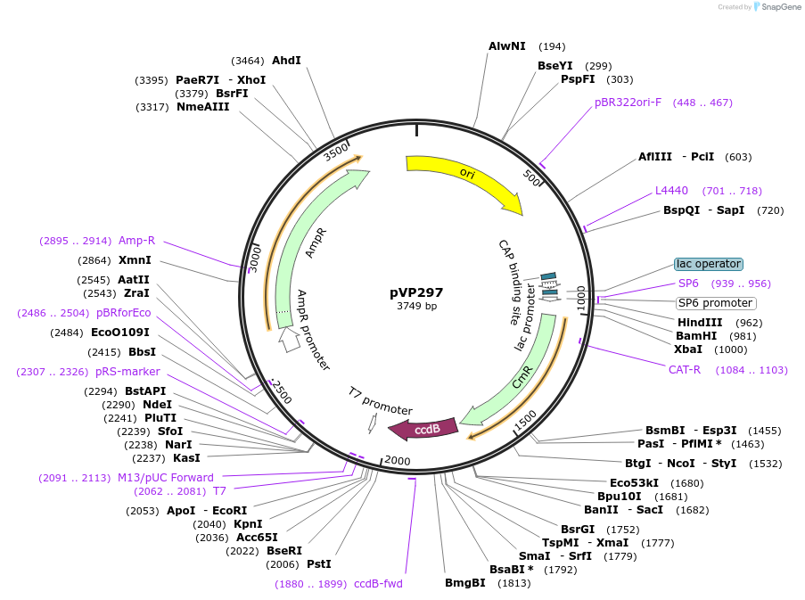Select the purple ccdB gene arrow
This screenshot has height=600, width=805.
pyautogui.click(x=425, y=429)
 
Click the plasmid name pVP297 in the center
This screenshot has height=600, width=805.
pyautogui.click(x=416, y=292)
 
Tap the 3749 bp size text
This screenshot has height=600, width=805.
pyautogui.click(x=416, y=306)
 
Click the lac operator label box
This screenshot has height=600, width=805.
pyautogui.click(x=708, y=264)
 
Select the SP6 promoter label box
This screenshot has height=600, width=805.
pyautogui.click(x=715, y=303)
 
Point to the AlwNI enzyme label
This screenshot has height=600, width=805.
pyautogui.click(x=506, y=45)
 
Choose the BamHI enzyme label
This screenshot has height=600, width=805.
pyautogui.click(x=696, y=336)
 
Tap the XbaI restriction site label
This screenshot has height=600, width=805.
pyautogui.click(x=687, y=349)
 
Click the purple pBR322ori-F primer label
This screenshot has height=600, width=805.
pyautogui.click(x=628, y=103)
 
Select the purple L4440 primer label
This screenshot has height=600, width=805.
pyautogui.click(x=671, y=190)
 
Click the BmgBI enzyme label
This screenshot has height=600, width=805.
pyautogui.click(x=465, y=583)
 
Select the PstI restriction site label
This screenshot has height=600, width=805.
pyautogui.click(x=319, y=563)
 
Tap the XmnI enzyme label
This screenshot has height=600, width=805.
pyautogui.click(x=135, y=260)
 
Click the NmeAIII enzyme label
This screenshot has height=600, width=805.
pyautogui.click(x=202, y=107)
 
